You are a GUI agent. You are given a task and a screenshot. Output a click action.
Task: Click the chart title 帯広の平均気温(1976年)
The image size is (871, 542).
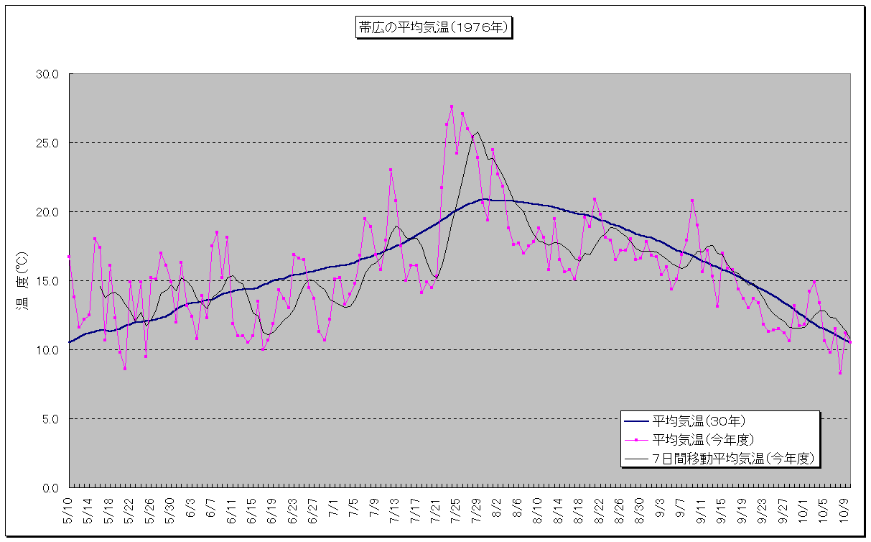click(434, 28)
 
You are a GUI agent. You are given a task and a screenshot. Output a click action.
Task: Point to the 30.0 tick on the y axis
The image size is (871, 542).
click(50, 74)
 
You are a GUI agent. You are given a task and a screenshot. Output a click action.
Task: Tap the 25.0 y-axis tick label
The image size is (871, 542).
click(50, 143)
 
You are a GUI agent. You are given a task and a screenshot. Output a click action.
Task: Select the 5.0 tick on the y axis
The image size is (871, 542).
click(52, 419)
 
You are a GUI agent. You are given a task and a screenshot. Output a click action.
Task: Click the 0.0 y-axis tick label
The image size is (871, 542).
click(52, 488)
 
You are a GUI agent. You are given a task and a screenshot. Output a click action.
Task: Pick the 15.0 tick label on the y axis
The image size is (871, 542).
click(50, 281)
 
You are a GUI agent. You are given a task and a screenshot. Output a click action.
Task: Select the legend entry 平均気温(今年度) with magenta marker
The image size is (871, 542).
click(703, 438)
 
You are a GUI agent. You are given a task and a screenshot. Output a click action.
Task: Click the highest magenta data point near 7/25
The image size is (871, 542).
click(452, 106)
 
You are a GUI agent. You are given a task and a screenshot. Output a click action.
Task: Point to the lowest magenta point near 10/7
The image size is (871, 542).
click(839, 373)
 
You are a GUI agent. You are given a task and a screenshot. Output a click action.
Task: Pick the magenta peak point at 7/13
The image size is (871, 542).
click(391, 170)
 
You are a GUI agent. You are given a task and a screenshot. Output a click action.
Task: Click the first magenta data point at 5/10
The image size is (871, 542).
click(69, 257)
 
